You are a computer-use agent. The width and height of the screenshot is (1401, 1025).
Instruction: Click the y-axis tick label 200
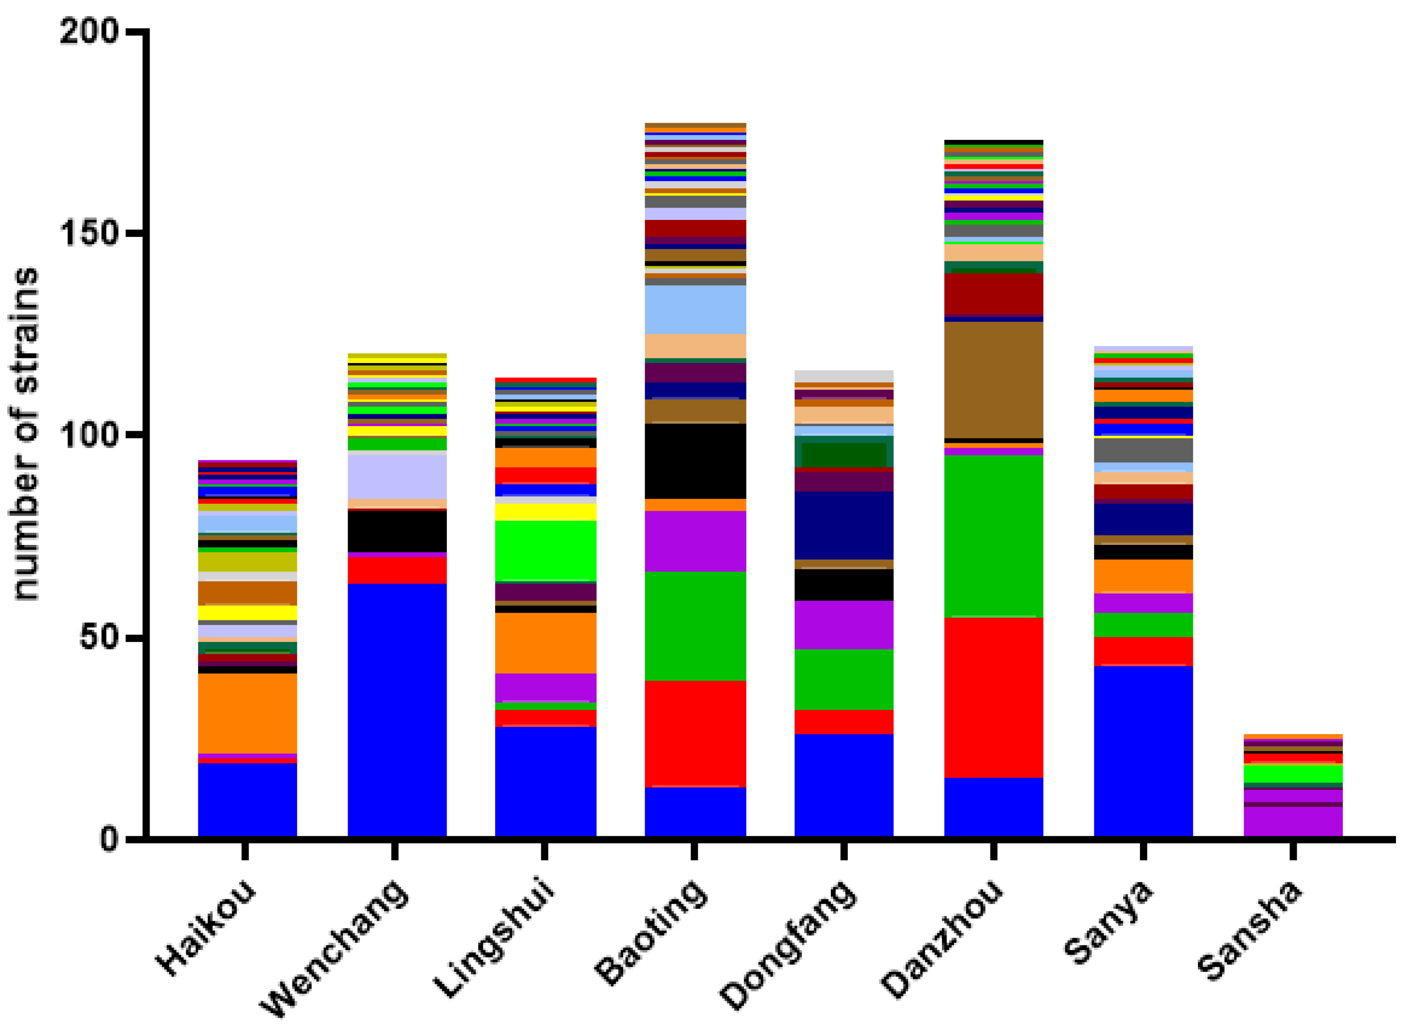pyautogui.click(x=89, y=31)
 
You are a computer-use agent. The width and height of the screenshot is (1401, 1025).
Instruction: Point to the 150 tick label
pyautogui.click(x=89, y=234)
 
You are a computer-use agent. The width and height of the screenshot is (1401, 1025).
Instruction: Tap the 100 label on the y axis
pyautogui.click(x=89, y=436)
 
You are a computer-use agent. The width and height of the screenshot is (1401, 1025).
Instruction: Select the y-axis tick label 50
pyautogui.click(x=99, y=638)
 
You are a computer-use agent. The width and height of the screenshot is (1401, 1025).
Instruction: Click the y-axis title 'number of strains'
pyautogui.click(x=26, y=434)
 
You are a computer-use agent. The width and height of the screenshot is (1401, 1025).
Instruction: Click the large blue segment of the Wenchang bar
pyautogui.click(x=397, y=710)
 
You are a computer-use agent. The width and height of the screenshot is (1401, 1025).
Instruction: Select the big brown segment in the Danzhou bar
pyautogui.click(x=993, y=380)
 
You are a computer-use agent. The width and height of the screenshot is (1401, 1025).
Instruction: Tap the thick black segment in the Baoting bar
pyautogui.click(x=695, y=461)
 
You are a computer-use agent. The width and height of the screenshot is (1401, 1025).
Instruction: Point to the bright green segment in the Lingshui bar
pyautogui.click(x=545, y=551)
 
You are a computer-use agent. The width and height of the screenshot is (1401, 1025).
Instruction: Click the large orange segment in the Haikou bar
pyautogui.click(x=247, y=714)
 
